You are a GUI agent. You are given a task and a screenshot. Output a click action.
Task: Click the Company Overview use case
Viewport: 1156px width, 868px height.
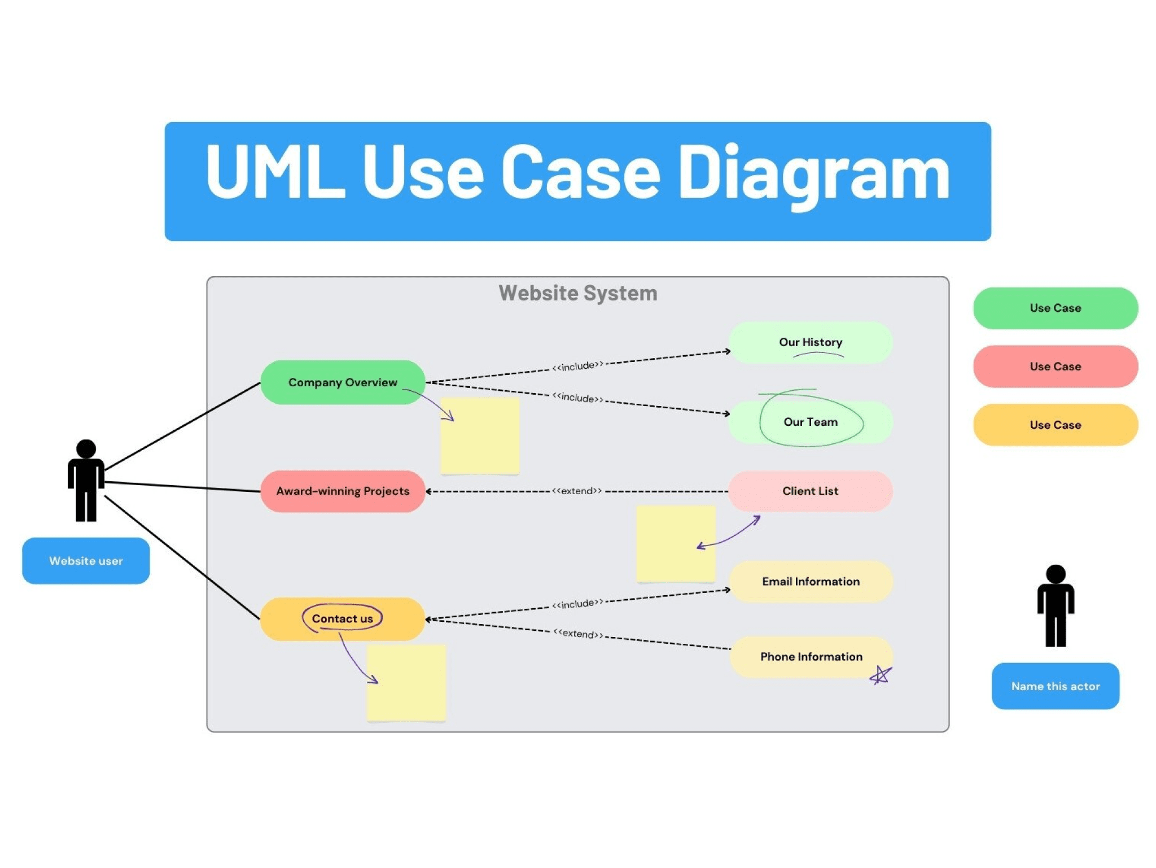343,382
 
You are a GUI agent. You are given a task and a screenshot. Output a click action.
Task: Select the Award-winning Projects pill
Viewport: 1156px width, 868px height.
343,491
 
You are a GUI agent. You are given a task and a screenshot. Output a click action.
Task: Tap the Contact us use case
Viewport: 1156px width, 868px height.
343,619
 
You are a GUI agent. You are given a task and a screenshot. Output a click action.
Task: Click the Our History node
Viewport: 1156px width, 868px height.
811,342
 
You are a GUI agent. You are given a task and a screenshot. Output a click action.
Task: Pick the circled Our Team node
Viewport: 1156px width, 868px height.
811,422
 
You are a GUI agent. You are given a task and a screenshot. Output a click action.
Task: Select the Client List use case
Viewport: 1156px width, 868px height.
811,491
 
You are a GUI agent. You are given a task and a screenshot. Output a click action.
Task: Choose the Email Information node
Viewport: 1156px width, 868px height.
811,582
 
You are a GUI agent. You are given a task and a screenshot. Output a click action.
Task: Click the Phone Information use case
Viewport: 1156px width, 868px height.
811,657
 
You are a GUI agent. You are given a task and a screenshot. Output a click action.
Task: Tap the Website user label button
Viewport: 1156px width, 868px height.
86,561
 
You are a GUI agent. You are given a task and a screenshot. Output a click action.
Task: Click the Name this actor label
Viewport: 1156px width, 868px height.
1055,686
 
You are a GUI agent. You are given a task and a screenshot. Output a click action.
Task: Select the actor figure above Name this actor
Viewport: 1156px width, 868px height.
1056,606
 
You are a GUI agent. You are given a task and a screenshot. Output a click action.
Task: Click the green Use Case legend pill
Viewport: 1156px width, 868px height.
1055,308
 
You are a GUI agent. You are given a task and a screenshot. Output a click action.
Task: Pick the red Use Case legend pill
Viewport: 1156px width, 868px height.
1055,367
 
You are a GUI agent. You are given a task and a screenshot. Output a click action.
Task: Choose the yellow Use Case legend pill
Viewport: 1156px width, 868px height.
1055,425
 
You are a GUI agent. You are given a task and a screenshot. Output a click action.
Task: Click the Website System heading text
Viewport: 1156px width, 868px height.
577,294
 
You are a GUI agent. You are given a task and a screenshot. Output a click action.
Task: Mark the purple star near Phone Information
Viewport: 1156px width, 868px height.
881,675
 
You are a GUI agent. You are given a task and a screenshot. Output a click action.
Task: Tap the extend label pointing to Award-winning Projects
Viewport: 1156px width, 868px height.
577,491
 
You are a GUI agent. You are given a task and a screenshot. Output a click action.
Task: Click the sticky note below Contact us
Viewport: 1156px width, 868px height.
406,683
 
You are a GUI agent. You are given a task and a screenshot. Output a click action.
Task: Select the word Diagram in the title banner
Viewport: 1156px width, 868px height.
813,172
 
